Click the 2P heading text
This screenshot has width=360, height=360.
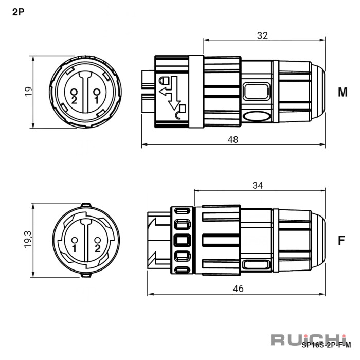[18, 12]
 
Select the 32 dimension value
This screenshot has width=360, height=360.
[262, 35]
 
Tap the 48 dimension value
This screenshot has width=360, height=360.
[233, 139]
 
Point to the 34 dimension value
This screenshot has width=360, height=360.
[258, 185]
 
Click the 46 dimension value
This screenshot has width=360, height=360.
[238, 289]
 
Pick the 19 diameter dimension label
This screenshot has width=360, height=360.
[28, 92]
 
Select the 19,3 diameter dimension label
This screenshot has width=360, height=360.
[28, 239]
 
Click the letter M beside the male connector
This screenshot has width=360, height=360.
[343, 92]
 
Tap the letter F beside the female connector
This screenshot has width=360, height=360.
[341, 240]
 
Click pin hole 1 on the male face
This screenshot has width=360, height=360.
[97, 92]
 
